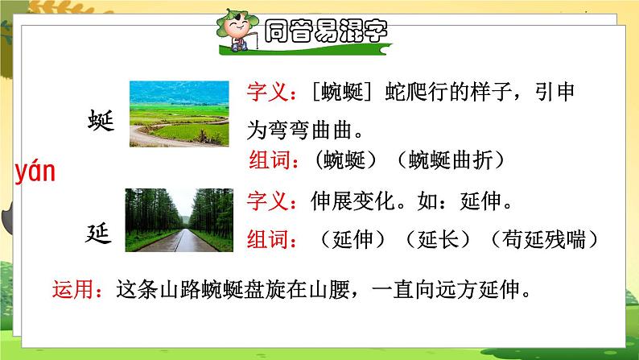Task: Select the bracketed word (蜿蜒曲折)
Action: (450, 160)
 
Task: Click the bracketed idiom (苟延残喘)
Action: (541, 238)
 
